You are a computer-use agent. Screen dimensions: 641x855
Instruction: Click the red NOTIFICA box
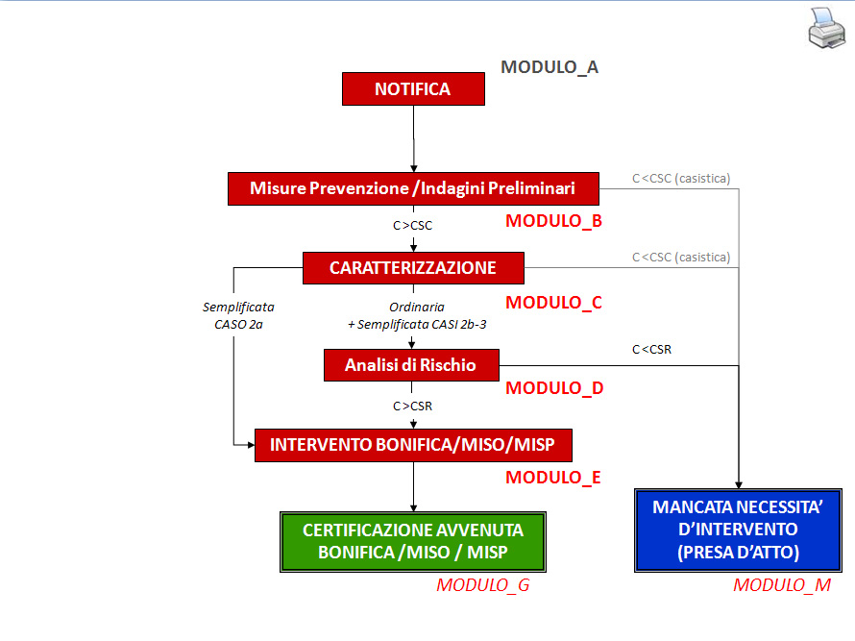point(413,89)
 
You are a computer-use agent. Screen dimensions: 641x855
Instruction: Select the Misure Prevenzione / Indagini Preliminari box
point(413,188)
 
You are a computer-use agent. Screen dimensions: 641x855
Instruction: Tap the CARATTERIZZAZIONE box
point(413,268)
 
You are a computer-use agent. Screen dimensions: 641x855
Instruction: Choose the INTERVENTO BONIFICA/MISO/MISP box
point(413,445)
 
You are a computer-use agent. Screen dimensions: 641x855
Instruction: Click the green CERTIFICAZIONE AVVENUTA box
point(413,541)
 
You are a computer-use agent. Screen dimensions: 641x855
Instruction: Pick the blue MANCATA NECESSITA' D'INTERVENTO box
point(738,530)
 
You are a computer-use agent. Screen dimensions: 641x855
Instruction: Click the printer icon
point(826,28)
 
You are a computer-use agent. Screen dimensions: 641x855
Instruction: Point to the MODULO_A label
point(550,67)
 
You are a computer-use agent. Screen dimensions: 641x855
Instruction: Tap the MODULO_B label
point(553,221)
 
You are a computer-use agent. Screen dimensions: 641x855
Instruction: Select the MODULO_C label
point(553,303)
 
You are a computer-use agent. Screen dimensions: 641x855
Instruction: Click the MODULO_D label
point(553,388)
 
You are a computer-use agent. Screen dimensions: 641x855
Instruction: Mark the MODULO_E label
point(553,477)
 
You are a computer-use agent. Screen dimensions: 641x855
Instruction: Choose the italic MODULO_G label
point(482,585)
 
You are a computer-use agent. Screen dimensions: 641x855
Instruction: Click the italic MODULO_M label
point(782,585)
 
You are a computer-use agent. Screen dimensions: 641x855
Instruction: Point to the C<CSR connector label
point(651,350)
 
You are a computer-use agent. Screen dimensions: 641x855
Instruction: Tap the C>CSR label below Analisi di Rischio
point(413,407)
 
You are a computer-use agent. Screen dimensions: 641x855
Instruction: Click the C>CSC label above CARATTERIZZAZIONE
point(413,227)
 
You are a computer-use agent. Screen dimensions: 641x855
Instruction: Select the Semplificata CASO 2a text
point(238,315)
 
